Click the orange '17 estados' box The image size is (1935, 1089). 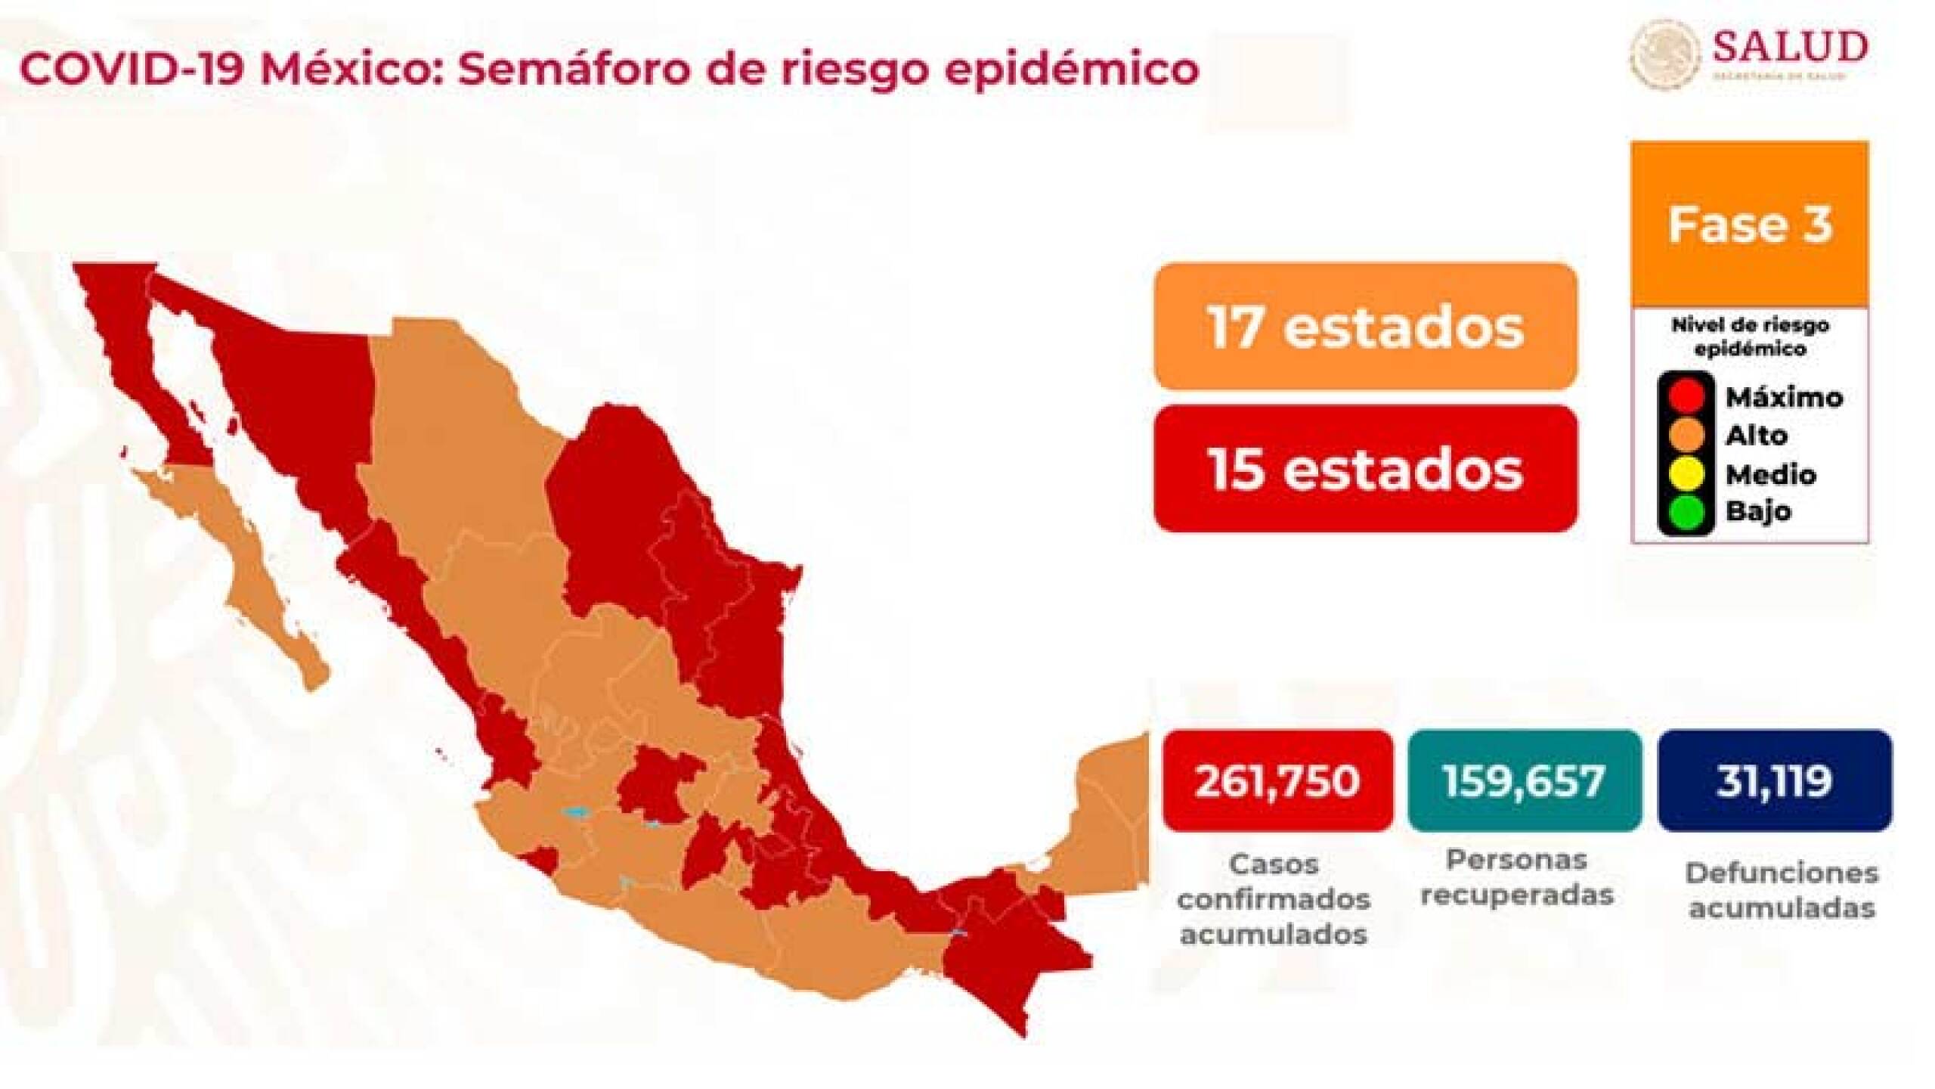1365,327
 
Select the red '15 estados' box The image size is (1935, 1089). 1365,469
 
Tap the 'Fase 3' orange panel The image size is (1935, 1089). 1750,224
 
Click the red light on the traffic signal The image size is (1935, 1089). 1686,395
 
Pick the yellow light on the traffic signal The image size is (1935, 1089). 1686,473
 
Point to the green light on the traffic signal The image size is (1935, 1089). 1686,510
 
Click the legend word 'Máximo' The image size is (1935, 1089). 1784,396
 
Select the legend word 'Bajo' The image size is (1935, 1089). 1757,511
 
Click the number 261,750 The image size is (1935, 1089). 1277,779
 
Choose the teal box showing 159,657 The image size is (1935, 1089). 1525,779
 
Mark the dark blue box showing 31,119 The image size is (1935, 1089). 1774,779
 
